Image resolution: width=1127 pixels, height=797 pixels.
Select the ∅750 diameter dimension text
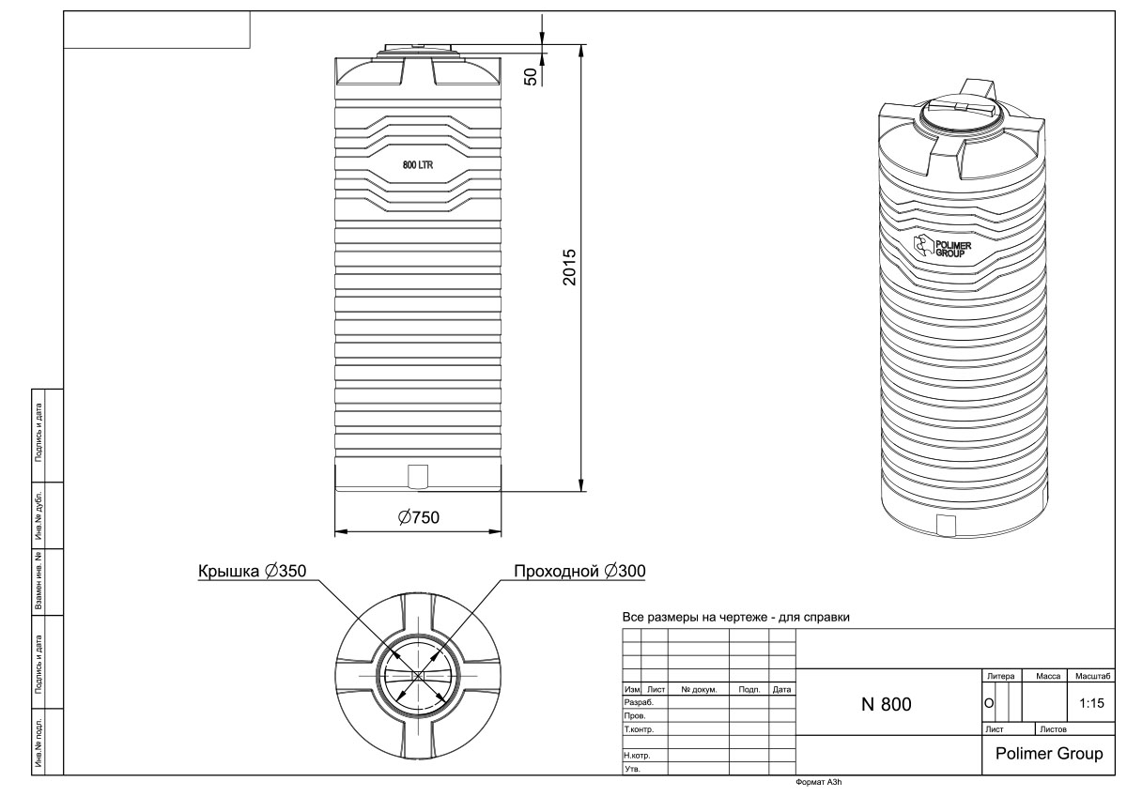pyautogui.click(x=419, y=517)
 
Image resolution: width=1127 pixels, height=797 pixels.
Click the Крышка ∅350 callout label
pyautogui.click(x=252, y=571)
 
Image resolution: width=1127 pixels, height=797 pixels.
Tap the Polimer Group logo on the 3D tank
pyautogui.click(x=943, y=249)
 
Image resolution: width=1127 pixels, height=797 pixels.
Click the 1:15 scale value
pyautogui.click(x=1091, y=702)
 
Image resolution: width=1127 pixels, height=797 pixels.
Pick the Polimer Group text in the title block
pyautogui.click(x=1048, y=754)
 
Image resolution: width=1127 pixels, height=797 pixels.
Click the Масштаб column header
pyautogui.click(x=1092, y=676)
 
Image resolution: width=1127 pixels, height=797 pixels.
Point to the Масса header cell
pyautogui.click(x=1048, y=676)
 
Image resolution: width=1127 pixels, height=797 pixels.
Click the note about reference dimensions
pyautogui.click(x=736, y=619)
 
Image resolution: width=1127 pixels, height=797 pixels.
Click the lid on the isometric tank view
pyautogui.click(x=963, y=110)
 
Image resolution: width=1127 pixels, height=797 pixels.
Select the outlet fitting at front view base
pyautogui.click(x=419, y=476)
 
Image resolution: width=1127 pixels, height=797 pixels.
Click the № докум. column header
pyautogui.click(x=699, y=689)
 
